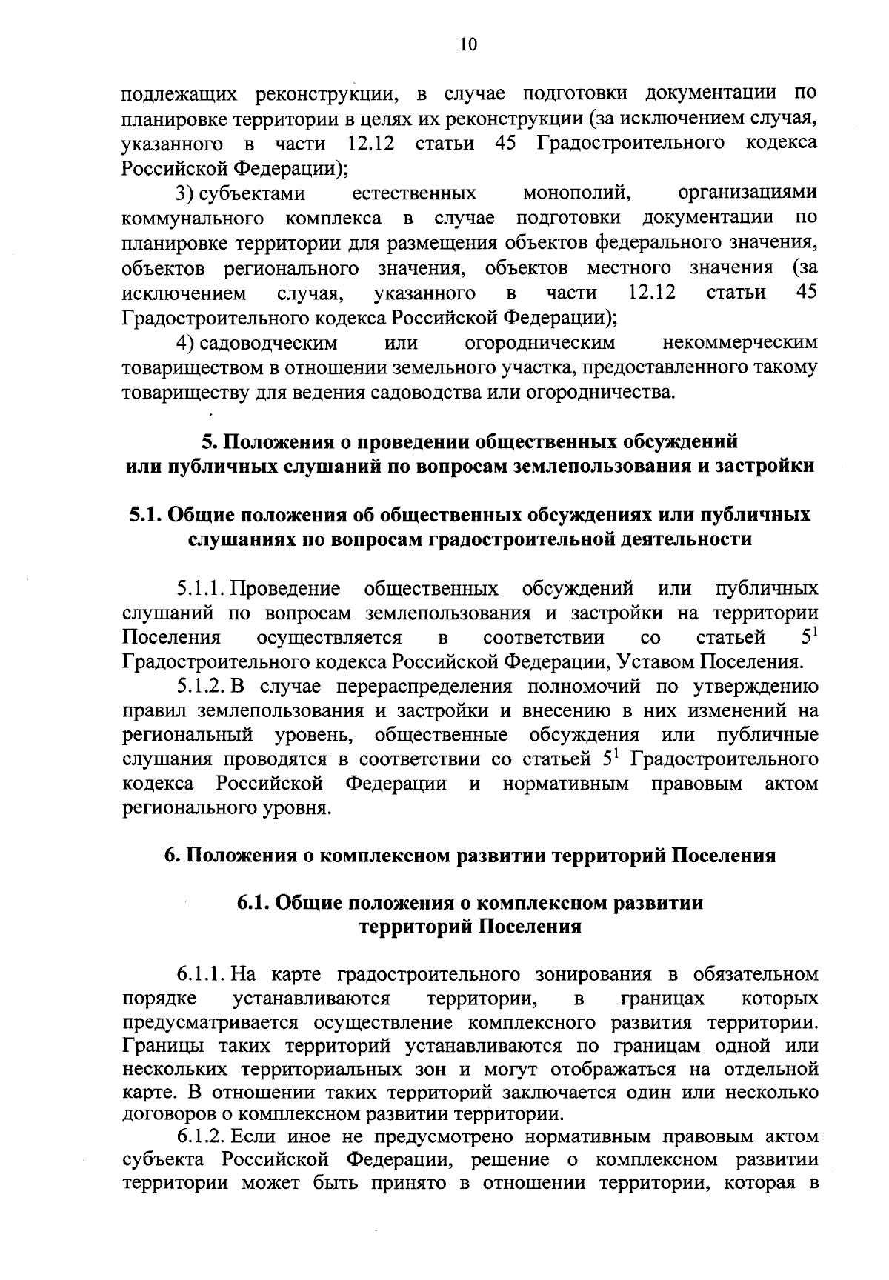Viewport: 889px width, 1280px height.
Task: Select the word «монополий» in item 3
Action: (576, 194)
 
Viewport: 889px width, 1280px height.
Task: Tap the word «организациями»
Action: (748, 194)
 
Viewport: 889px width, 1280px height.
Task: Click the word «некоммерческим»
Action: (741, 343)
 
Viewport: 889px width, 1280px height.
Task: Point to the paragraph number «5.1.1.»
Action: (202, 589)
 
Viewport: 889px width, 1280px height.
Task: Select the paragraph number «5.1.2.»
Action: (202, 687)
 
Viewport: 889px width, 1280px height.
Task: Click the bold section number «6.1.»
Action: (256, 904)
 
